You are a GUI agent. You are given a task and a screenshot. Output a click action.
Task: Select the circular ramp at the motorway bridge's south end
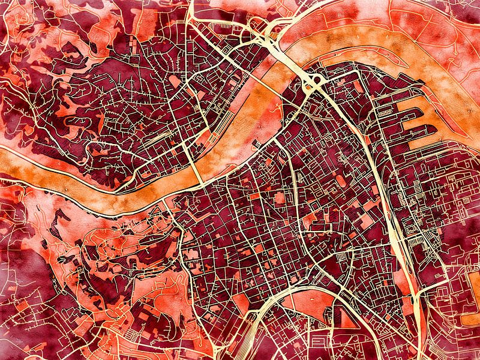click(312, 84)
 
